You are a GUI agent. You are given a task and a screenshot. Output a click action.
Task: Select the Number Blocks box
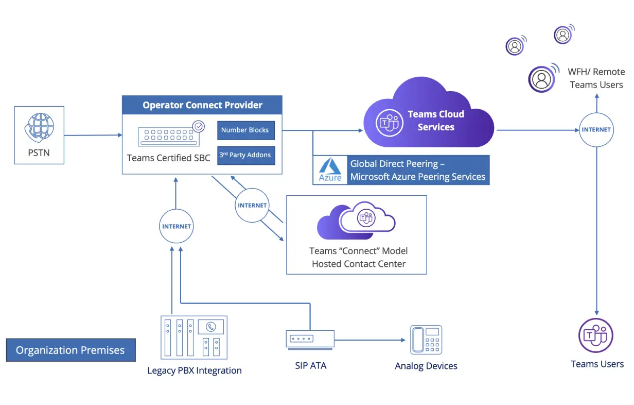click(245, 130)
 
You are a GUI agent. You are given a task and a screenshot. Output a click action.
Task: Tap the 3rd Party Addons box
click(245, 155)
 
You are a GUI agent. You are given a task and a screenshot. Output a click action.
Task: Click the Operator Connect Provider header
click(202, 105)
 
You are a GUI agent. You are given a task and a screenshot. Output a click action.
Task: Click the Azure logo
click(330, 171)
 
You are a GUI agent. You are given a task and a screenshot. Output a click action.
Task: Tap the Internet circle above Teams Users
click(596, 130)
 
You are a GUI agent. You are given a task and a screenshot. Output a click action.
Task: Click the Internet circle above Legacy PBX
click(176, 226)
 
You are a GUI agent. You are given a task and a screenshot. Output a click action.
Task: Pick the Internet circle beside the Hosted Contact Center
click(252, 205)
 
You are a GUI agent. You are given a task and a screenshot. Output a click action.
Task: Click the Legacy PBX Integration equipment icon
click(193, 337)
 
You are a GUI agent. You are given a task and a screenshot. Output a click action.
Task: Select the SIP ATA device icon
click(310, 340)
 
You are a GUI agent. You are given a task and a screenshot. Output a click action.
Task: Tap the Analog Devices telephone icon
click(426, 340)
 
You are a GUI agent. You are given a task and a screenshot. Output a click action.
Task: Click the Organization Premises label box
click(71, 350)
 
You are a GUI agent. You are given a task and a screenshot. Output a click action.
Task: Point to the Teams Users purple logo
click(596, 335)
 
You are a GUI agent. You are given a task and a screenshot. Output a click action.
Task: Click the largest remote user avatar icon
click(541, 79)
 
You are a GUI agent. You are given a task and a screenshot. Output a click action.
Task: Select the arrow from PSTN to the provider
click(93, 136)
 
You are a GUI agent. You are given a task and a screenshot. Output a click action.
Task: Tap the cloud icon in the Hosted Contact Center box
click(356, 221)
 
